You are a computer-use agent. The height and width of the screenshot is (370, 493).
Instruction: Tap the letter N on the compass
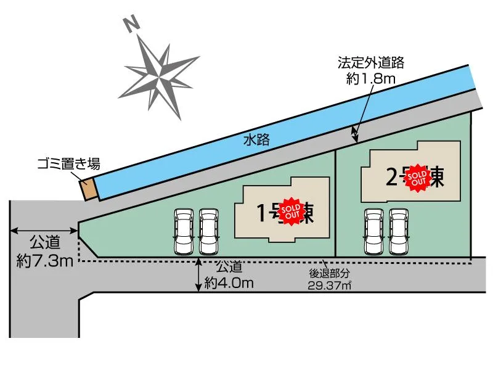(130, 25)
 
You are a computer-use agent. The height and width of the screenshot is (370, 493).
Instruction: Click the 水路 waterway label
(256, 141)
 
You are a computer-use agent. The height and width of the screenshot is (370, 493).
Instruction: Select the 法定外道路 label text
(370, 63)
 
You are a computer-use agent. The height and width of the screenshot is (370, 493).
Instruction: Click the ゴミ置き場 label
(68, 164)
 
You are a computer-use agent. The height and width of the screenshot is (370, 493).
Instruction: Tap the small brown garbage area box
(89, 189)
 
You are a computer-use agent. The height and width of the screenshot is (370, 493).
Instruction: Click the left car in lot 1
(184, 231)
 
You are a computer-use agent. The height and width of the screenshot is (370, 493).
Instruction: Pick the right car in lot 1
(209, 231)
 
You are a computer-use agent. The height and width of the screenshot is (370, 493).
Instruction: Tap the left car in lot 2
(374, 231)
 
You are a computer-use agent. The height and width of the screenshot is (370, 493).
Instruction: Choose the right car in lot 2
(399, 231)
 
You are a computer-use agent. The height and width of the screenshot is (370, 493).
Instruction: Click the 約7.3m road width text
(46, 261)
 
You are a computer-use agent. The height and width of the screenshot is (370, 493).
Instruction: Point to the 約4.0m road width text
(229, 283)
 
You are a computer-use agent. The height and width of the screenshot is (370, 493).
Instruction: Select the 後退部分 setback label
(329, 273)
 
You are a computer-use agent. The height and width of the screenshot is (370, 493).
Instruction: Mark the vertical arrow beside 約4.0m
(198, 274)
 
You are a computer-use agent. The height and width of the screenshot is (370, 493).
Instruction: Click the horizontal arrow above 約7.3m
(44, 231)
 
